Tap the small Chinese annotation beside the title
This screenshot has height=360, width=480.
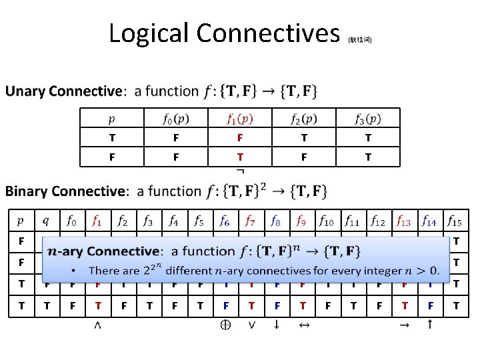pos(360,40)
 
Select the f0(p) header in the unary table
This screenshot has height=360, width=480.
pos(176,119)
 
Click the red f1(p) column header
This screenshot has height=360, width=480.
pos(240,119)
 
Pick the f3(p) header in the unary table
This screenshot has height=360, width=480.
pos(368,119)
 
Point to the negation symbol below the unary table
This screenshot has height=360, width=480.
pos(240,171)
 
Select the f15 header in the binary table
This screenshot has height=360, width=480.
pos(455,220)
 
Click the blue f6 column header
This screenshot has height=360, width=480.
pos(225,220)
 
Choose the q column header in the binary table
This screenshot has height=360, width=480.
pos(46,220)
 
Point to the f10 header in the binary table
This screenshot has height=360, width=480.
pos(327,220)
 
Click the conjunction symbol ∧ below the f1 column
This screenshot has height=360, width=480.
pos(98,325)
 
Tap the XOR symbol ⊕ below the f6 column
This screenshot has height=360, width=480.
pos(225,325)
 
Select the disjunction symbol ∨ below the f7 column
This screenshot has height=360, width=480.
pos(251,325)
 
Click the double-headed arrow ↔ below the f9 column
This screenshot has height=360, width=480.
pos(301,325)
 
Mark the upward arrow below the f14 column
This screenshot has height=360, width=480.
pos(429,325)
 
